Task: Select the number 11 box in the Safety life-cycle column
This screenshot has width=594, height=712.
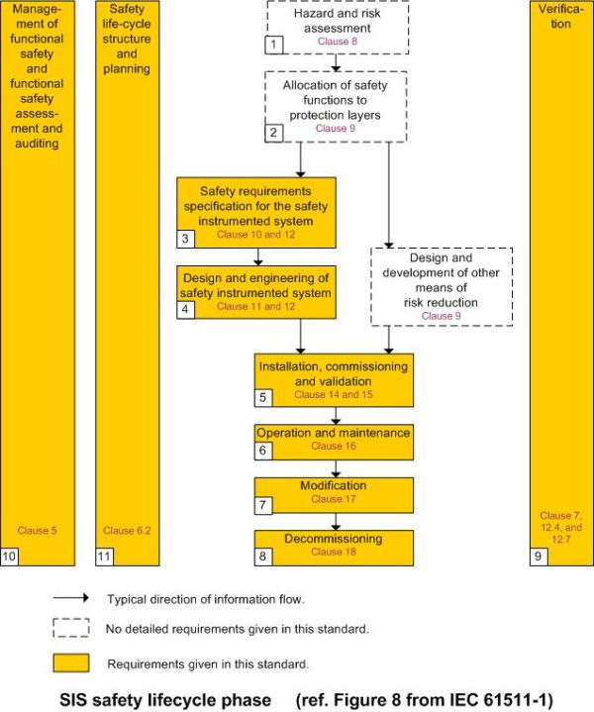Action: click(x=103, y=558)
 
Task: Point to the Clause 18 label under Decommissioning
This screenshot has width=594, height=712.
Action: click(x=334, y=552)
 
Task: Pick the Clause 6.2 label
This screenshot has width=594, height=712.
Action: click(x=127, y=531)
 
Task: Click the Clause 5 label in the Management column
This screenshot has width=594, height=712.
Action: click(x=38, y=531)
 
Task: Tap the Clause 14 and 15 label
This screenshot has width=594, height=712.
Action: click(x=333, y=394)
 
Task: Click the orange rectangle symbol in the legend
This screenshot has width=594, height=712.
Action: click(x=70, y=662)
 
